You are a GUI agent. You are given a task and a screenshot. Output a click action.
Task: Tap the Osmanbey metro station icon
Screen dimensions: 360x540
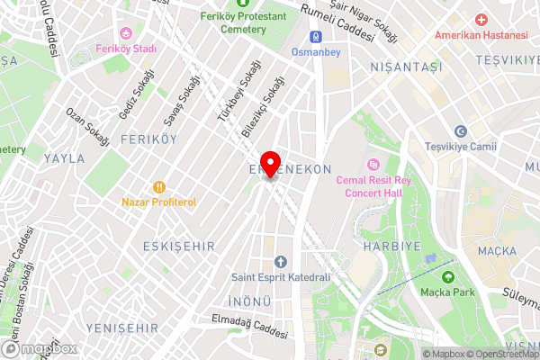[316, 37]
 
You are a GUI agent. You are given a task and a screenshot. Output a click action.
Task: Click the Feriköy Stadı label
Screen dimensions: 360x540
[127, 49]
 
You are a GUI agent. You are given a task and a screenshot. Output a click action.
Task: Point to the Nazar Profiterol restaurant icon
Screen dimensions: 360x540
[158, 187]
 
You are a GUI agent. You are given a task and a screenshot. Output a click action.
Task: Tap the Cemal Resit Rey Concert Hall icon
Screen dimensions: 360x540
[373, 165]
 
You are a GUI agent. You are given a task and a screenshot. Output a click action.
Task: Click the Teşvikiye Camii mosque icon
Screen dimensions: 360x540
[461, 131]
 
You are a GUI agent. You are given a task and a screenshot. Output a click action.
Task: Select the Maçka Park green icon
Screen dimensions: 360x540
[447, 276]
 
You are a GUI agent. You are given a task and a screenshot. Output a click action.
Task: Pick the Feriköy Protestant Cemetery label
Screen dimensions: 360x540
[232, 22]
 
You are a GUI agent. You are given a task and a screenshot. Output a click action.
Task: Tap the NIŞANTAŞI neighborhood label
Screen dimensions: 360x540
[406, 67]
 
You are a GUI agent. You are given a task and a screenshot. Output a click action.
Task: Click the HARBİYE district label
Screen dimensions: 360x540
[388, 245]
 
